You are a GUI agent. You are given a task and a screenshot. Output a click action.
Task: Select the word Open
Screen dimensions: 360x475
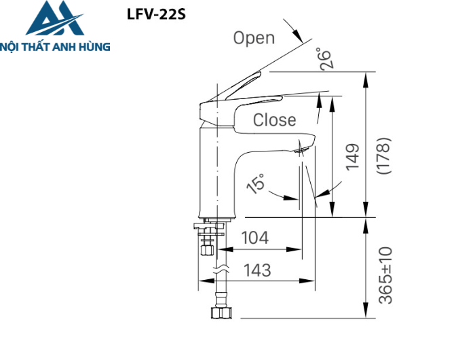(254, 38)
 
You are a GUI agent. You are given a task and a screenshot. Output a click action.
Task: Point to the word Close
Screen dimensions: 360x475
(274, 120)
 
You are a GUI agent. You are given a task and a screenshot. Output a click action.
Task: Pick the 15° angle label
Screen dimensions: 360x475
(256, 183)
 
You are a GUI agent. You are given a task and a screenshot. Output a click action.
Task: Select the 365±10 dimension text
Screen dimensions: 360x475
(385, 274)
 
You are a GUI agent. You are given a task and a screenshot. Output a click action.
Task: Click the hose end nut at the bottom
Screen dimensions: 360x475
(219, 313)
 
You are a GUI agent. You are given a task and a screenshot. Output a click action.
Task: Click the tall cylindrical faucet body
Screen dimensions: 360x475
(214, 170)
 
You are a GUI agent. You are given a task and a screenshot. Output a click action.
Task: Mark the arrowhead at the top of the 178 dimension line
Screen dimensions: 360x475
(367, 77)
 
